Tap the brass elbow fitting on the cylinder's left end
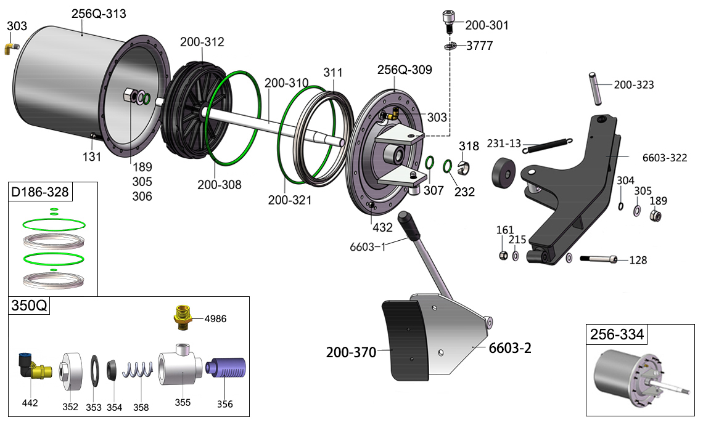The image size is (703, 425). click(x=12, y=47)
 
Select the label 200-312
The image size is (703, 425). click(x=202, y=42)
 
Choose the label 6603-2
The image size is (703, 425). click(x=509, y=348)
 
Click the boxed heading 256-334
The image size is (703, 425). click(x=617, y=335)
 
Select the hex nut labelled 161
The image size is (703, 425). click(x=503, y=255)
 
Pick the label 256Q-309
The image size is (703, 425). click(x=405, y=70)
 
